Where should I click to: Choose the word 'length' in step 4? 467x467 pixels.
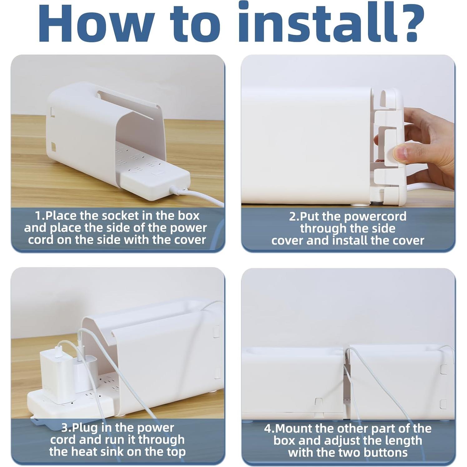click(x=403, y=441)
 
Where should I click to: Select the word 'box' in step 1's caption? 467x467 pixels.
click(x=189, y=216)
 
